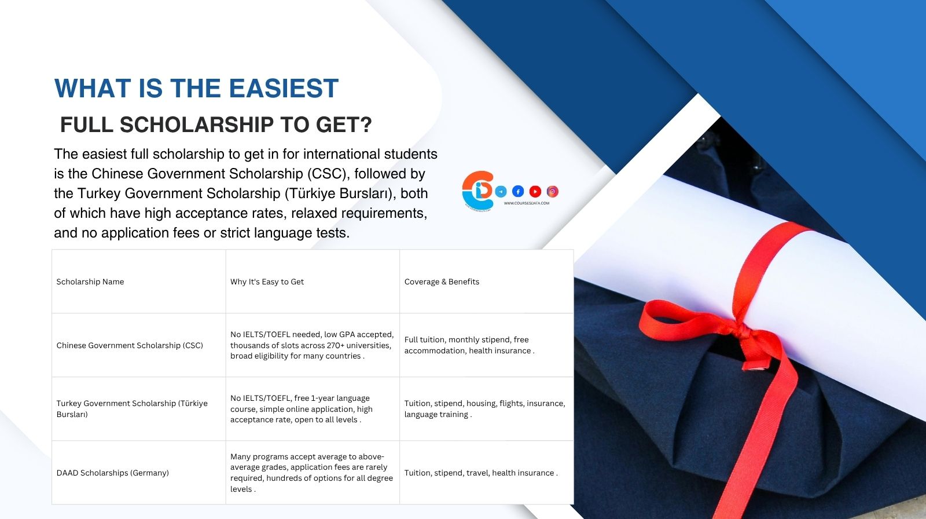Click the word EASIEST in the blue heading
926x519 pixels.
284,88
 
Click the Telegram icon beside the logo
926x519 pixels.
501,191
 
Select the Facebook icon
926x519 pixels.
518,191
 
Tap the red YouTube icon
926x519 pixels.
535,191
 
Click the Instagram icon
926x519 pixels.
552,191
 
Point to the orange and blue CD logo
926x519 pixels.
478,191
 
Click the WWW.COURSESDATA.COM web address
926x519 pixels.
526,203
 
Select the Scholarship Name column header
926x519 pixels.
90,282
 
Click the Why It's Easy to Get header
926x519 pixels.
267,282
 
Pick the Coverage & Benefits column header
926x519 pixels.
442,282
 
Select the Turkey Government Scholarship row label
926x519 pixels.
132,408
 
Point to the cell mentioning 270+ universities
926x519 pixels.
312,345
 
